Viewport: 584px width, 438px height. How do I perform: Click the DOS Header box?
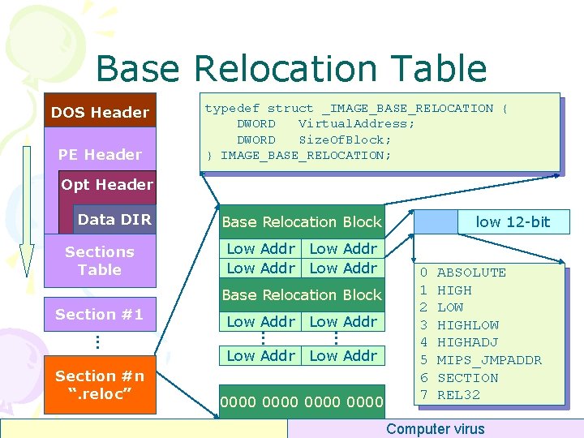pos(100,112)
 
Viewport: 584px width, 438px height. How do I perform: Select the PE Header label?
pos(100,154)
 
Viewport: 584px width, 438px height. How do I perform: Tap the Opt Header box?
pos(107,184)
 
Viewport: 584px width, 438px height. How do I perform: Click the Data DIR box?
pos(114,219)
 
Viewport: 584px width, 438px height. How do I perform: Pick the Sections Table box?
pos(99,261)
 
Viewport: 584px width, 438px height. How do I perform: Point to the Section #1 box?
pos(99,314)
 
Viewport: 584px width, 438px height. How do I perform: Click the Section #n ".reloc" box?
pos(99,384)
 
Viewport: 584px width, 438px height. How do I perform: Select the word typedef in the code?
pos(231,108)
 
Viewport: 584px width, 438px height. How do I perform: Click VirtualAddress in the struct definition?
pos(356,123)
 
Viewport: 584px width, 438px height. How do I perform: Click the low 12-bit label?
pos(513,221)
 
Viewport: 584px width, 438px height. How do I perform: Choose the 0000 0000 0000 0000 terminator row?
pos(301,401)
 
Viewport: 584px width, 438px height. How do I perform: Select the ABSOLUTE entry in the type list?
pos(471,273)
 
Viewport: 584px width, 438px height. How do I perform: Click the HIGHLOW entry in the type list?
pos(467,325)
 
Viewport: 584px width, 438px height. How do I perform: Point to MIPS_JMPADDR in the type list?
pos(489,360)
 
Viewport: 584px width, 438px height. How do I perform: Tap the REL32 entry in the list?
pos(458,395)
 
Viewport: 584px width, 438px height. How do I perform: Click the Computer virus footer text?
pos(436,429)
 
